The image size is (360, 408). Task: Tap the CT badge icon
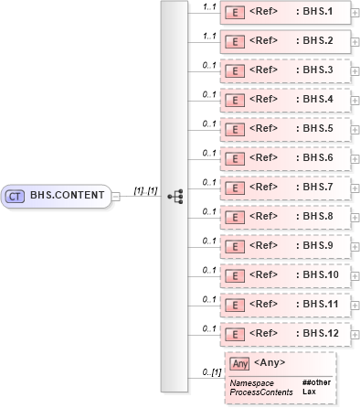coord(16,195)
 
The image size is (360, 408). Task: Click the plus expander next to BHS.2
coord(355,42)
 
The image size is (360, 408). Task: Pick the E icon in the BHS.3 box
coord(233,70)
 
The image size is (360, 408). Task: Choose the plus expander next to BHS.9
coord(355,246)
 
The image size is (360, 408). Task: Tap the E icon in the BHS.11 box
coord(233,303)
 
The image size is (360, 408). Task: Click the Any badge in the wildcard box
coord(239,363)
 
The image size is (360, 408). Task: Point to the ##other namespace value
coord(316,381)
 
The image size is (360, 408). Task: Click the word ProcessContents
coord(261,392)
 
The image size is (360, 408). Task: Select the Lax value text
coord(309,392)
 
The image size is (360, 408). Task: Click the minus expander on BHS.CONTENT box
coord(115,195)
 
